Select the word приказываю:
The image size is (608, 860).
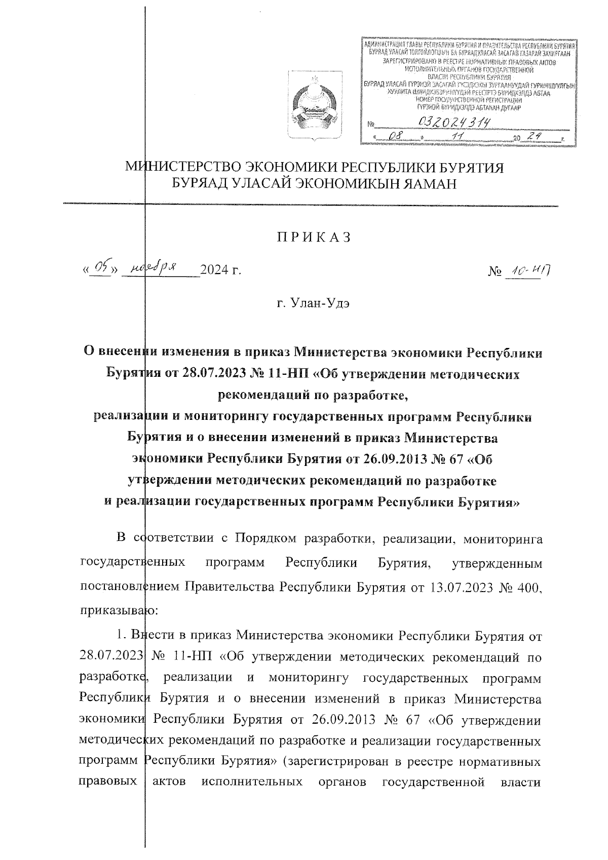pos(120,611)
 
